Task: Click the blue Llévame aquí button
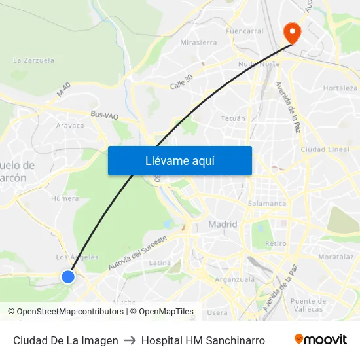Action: tap(180, 160)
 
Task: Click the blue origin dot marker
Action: tap(68, 277)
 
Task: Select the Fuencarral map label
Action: tap(244, 31)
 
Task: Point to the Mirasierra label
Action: tap(198, 43)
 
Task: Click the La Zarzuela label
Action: tap(33, 60)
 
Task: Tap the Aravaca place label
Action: tap(70, 126)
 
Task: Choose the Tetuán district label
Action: tap(233, 118)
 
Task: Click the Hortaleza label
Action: tap(340, 88)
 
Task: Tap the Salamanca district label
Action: tap(267, 203)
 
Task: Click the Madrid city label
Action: tap(223, 225)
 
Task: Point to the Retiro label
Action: tap(276, 243)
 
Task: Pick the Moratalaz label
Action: tap(336, 257)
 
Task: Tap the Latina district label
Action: tap(160, 262)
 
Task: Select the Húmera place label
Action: tap(65, 198)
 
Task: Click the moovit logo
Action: tap(320, 340)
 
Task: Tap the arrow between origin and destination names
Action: tap(130, 340)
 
